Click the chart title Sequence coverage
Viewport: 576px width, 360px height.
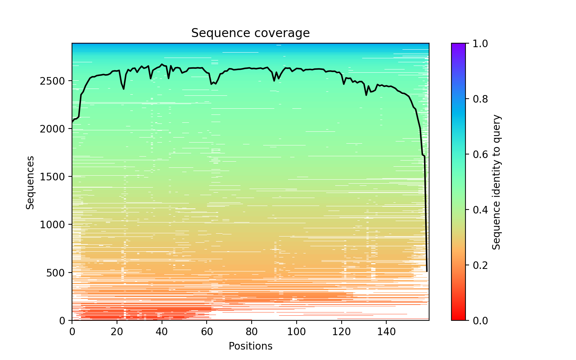(250, 33)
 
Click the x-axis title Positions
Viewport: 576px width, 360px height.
(250, 346)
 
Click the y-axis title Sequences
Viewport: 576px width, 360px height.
(30, 182)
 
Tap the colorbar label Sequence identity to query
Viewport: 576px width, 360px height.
(496, 182)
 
